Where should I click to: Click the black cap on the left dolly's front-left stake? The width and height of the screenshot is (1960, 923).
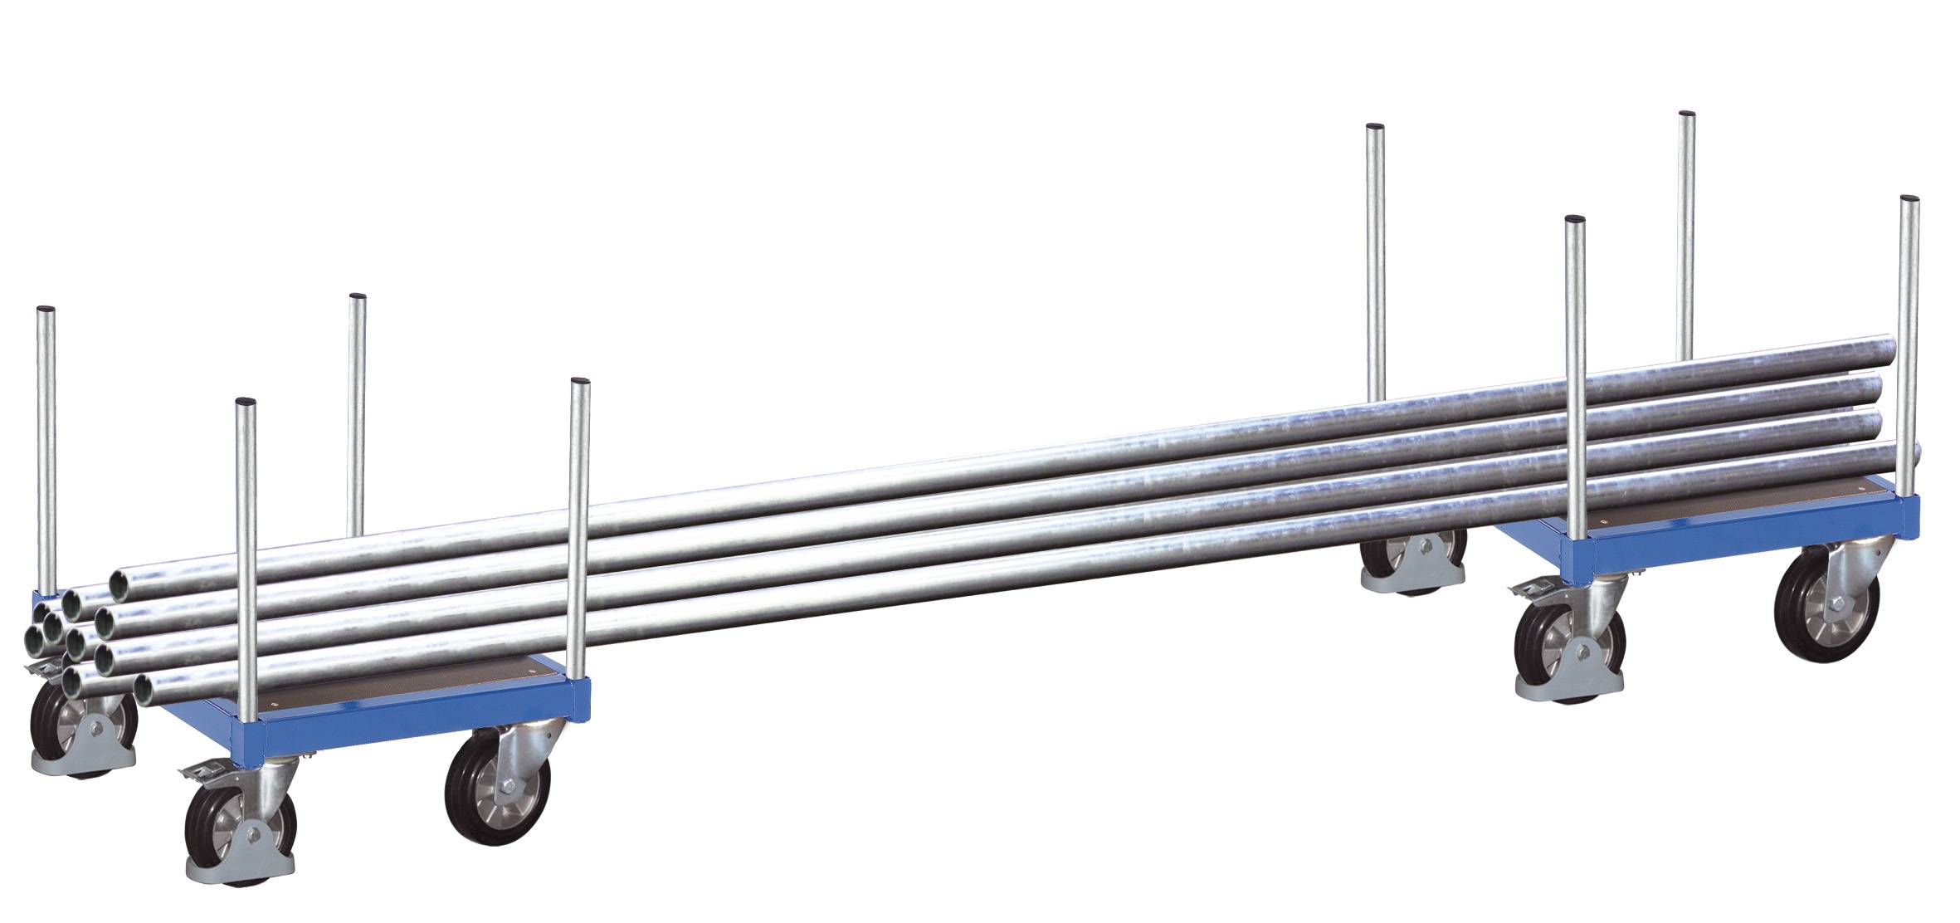click(x=246, y=403)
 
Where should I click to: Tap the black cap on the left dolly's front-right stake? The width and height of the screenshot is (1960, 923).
click(x=581, y=382)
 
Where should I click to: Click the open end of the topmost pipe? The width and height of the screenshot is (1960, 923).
click(x=123, y=579)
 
